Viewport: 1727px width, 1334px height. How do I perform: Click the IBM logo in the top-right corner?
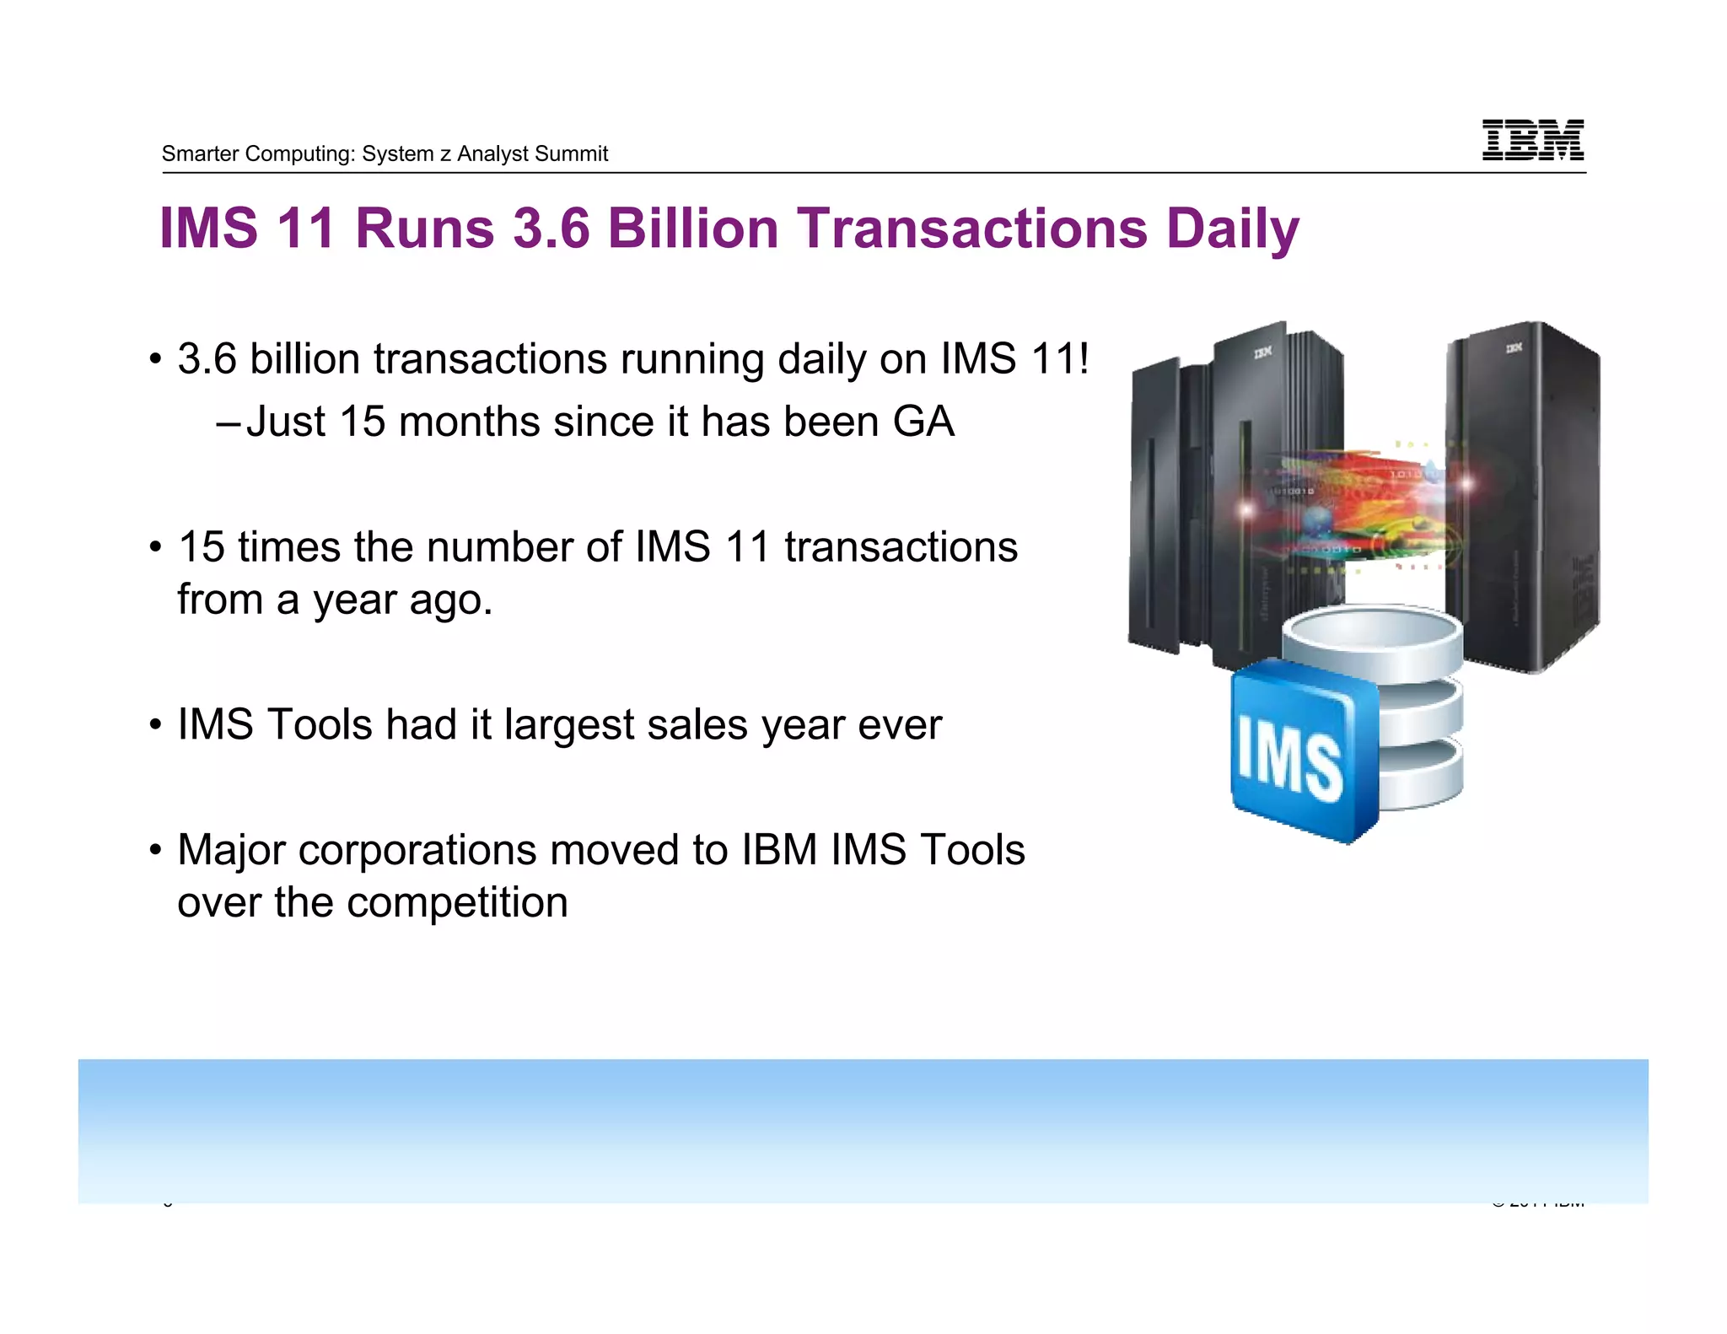tap(1532, 139)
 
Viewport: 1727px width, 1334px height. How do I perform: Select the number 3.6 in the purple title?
tap(551, 229)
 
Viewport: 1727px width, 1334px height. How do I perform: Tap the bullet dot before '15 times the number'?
tap(154, 548)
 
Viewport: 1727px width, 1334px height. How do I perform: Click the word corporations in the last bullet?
tap(417, 850)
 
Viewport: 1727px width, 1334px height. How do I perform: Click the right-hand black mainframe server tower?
tap(1522, 498)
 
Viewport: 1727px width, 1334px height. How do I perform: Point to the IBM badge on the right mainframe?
tap(1514, 347)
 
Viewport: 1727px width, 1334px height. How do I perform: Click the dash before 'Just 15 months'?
tap(228, 422)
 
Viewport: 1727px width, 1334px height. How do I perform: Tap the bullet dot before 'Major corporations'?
tap(154, 850)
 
